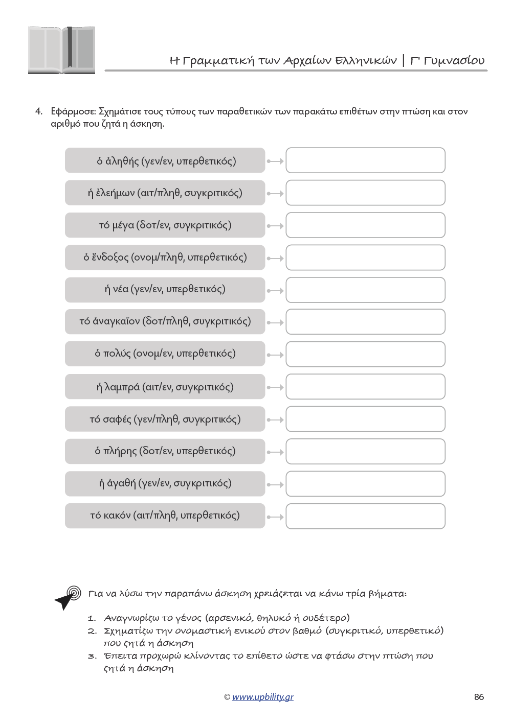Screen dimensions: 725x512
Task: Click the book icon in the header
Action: coord(61,50)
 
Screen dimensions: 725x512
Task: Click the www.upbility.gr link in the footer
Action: coord(262,697)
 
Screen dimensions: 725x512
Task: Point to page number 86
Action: coord(479,697)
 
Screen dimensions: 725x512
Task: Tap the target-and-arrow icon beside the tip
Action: coord(68,597)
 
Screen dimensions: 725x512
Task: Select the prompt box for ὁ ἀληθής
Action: coord(165,161)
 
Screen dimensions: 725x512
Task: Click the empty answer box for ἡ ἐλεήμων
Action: coord(365,193)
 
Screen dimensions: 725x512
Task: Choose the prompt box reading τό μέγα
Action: coord(165,225)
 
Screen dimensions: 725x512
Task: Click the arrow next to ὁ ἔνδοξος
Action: coord(275,259)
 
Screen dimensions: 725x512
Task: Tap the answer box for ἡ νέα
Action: coord(365,290)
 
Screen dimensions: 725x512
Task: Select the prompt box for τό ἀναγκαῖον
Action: coord(165,321)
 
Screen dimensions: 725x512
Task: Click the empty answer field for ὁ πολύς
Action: coord(365,354)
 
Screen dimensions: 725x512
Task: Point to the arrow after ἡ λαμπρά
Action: coord(275,387)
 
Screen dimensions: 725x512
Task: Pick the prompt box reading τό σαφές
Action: coord(165,419)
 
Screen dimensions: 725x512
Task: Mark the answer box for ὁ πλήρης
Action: coord(365,452)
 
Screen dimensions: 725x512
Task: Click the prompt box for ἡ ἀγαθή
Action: coord(165,483)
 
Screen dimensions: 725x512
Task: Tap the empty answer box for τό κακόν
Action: coord(365,516)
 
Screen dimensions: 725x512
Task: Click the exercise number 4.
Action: coord(38,111)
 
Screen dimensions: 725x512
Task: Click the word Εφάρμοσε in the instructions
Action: coord(73,111)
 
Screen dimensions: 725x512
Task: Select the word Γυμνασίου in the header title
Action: coord(454,60)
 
